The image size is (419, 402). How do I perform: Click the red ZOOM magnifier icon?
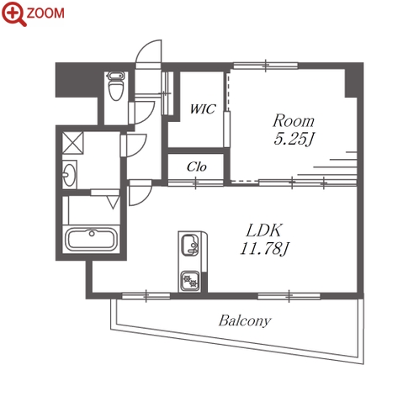[x=13, y=13]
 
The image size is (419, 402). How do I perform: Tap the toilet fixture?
[x=116, y=86]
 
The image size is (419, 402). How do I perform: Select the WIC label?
[x=203, y=108]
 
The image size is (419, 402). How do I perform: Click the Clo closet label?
[x=197, y=167]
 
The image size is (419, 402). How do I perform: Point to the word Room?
[x=294, y=121]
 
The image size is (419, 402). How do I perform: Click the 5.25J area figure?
[x=294, y=139]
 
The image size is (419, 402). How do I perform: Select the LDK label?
[x=263, y=230]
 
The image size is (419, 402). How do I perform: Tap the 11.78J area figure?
[x=264, y=249]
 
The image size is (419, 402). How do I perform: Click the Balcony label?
[x=245, y=321]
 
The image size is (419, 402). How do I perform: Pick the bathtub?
[x=91, y=240]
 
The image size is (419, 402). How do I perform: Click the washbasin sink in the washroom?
[x=69, y=175]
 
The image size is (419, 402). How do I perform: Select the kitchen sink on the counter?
[x=190, y=246]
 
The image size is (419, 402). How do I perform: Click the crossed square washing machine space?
[x=72, y=143]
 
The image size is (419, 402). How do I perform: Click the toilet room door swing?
[x=144, y=113]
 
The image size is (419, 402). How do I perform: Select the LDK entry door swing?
[x=141, y=193]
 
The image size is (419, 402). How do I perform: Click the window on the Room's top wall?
[x=266, y=66]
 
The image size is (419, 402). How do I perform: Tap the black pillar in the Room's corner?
[x=353, y=80]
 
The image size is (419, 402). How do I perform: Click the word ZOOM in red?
[x=45, y=13]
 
